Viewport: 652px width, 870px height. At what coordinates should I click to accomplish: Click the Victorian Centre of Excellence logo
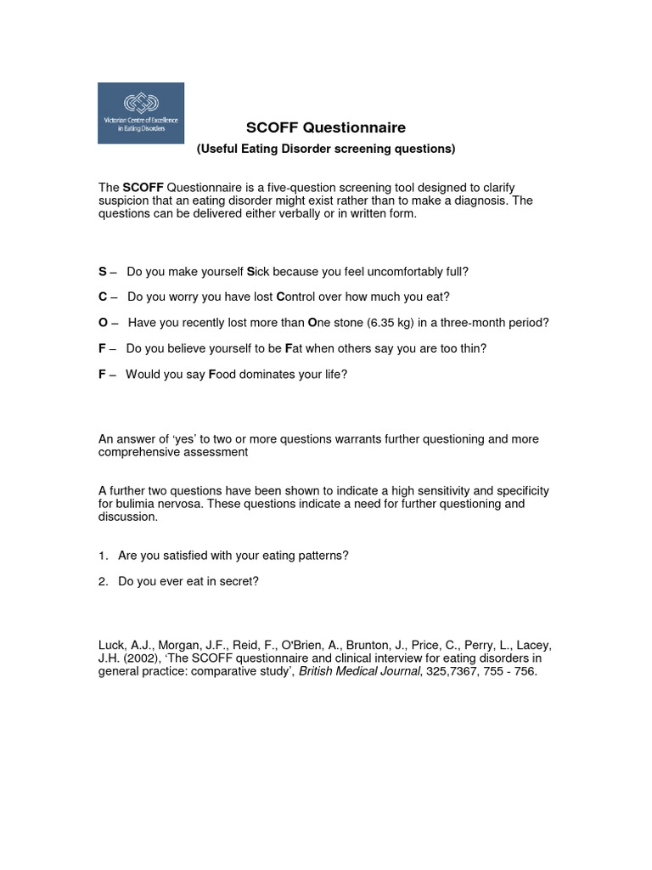[x=141, y=112]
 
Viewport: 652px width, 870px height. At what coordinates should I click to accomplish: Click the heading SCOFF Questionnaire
[x=326, y=128]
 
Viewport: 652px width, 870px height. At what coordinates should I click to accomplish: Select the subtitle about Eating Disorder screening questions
[x=326, y=150]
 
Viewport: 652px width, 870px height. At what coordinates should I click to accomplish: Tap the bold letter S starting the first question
[x=103, y=272]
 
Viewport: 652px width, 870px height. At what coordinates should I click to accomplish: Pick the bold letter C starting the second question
[x=103, y=297]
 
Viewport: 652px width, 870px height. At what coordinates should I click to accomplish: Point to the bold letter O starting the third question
[x=104, y=323]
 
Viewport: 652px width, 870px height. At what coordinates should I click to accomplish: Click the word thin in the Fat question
[x=472, y=348]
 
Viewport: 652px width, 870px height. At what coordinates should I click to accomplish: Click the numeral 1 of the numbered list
[x=102, y=556]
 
